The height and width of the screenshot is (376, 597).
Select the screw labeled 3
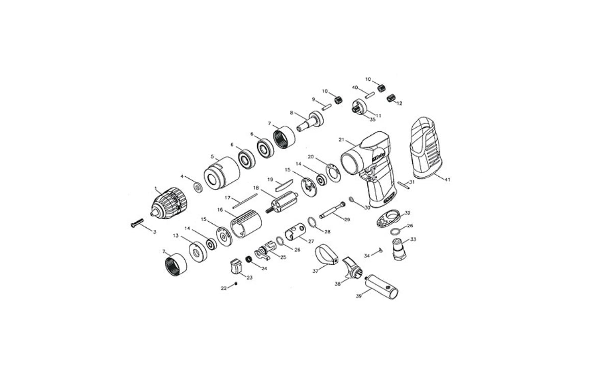tap(136, 223)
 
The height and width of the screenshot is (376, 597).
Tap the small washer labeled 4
tap(198, 187)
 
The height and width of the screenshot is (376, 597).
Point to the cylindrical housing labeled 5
tap(221, 174)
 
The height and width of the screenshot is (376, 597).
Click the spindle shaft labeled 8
tap(310, 121)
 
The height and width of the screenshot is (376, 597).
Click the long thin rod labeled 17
tap(245, 201)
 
